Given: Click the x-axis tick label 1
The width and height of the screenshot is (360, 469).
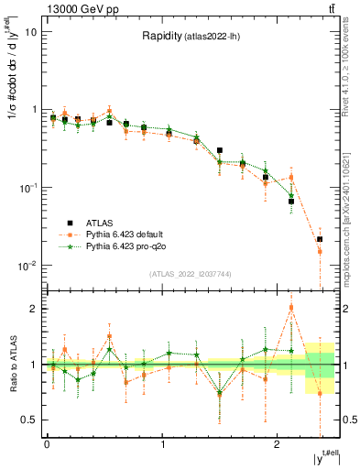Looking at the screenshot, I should tap(162, 444).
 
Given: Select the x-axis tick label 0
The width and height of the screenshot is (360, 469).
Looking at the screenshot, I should tap(47, 444).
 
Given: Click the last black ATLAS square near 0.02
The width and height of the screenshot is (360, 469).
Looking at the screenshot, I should tap(319, 239).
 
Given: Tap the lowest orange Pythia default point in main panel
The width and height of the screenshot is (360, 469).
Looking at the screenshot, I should tap(319, 251).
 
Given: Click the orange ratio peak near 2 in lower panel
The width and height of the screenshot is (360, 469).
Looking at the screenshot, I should tap(291, 307).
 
